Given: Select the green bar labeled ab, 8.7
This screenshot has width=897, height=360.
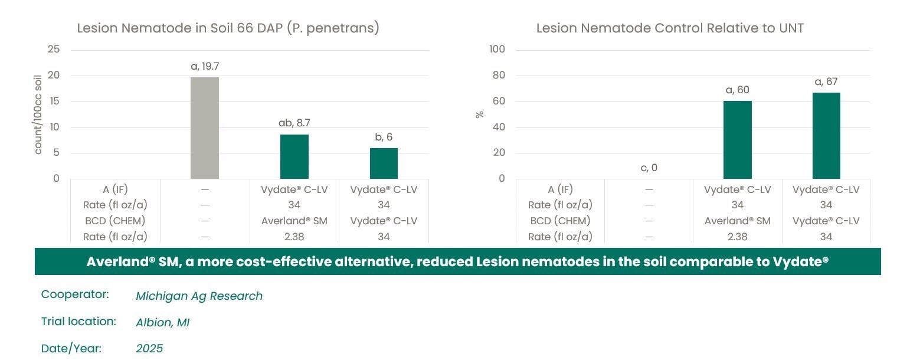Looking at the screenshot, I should tap(294, 156).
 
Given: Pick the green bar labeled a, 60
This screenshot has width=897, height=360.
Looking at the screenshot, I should tap(737, 140).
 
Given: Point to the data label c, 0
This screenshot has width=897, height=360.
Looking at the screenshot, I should tap(649, 168).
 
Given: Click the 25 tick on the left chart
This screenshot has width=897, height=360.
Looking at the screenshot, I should tap(54, 50).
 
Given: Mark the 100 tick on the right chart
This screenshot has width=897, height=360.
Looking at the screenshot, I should tap(497, 50).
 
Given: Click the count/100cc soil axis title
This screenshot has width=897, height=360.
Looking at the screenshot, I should tap(38, 114).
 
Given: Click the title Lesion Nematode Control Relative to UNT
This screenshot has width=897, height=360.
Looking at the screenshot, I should tap(670, 28).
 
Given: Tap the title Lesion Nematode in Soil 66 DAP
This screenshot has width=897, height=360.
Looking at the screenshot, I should tap(228, 28).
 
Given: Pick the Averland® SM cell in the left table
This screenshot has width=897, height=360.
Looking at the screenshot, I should tap(294, 221).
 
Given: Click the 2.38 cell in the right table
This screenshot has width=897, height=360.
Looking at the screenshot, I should tap(737, 237).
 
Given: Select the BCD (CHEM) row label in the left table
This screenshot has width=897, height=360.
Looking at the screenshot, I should tap(114, 221).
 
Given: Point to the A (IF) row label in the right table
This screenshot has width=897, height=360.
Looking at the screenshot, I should tap(560, 189).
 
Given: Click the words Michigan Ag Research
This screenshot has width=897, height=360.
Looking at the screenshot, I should tap(199, 296).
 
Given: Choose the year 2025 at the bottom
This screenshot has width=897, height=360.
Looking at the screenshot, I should tap(149, 349).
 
